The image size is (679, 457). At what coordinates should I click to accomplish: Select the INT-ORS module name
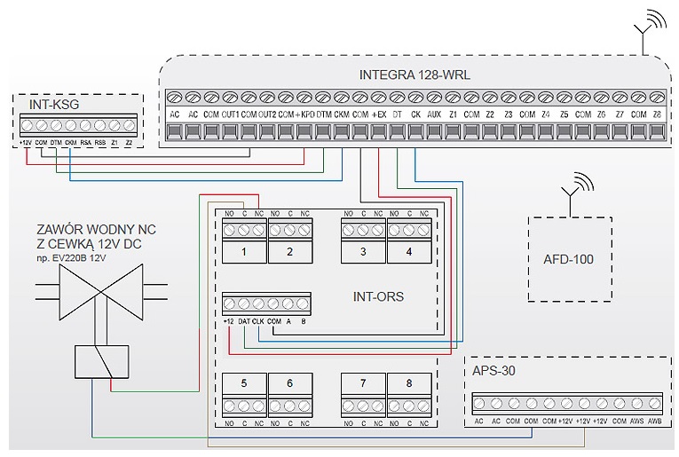click(x=377, y=296)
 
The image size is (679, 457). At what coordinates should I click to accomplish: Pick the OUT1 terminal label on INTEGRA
click(x=229, y=114)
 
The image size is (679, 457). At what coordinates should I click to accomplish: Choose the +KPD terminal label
click(x=305, y=114)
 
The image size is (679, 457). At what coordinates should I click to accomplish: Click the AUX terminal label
click(x=433, y=114)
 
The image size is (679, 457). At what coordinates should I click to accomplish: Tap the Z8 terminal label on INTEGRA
click(x=657, y=114)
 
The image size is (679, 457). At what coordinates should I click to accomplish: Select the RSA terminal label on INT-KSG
click(x=85, y=142)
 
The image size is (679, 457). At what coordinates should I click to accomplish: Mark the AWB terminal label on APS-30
click(x=655, y=421)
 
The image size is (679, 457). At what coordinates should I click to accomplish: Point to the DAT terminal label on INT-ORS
click(x=244, y=320)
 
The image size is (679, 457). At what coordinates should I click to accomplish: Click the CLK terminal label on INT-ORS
click(x=258, y=320)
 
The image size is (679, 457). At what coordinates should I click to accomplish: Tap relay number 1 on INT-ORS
click(x=244, y=252)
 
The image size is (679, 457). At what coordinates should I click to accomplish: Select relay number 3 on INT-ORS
click(x=363, y=252)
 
